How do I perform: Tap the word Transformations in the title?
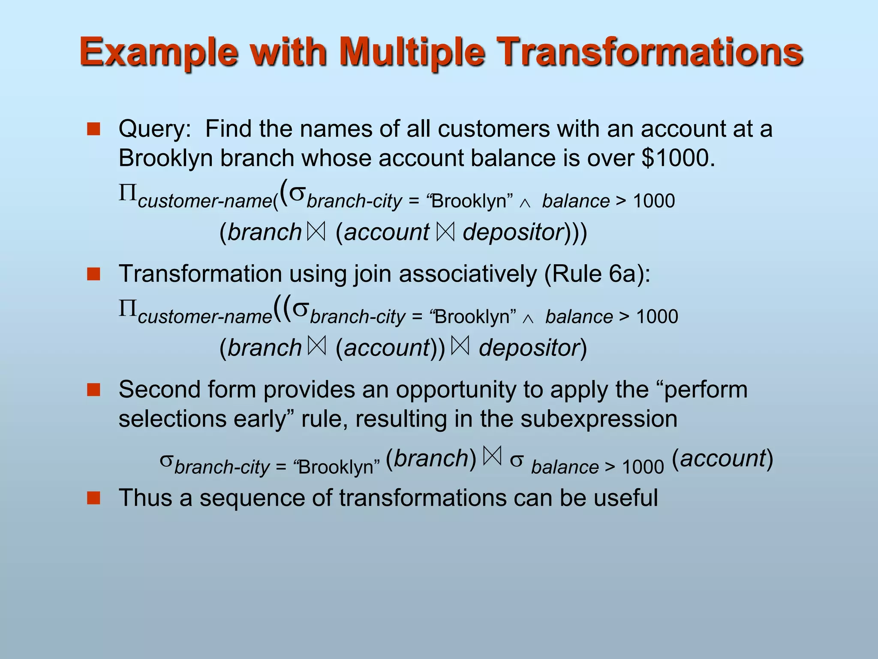(x=652, y=52)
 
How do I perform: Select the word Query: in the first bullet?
(x=155, y=129)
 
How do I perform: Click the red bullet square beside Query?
(x=93, y=129)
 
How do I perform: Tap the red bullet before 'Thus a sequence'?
(x=93, y=498)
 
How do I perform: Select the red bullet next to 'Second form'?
(x=93, y=390)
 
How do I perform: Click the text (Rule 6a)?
(x=597, y=274)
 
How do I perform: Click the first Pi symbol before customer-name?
(x=127, y=193)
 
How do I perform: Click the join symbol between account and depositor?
(x=445, y=232)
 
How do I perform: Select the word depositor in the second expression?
(x=529, y=348)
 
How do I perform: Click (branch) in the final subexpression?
(x=431, y=459)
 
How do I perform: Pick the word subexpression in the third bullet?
(x=598, y=419)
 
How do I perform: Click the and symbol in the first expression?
(x=525, y=204)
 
